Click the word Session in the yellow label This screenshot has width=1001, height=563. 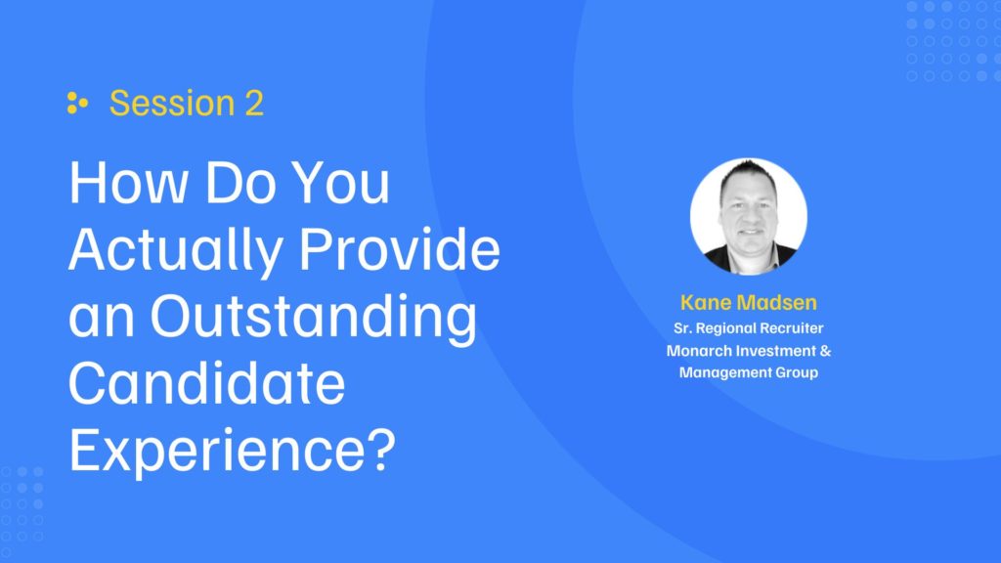pos(172,103)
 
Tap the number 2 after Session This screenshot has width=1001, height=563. pos(254,104)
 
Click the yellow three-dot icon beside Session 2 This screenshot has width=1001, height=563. pos(77,103)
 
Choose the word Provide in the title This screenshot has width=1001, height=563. pos(400,249)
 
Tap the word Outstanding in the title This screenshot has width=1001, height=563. pos(313,317)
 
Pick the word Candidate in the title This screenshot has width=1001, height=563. pos(207,383)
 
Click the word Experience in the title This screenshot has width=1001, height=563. pos(217,452)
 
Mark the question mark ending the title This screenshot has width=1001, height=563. pos(382,450)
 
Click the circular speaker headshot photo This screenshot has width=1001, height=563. pos(748,216)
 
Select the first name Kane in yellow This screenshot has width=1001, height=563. pos(705,302)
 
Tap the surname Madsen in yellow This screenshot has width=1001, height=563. pos(776,302)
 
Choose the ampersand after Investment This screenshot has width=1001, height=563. pos(825,351)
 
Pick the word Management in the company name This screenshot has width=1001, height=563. pos(724,372)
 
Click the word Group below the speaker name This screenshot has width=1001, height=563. pos(797,372)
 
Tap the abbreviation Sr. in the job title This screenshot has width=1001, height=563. pos(682,328)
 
